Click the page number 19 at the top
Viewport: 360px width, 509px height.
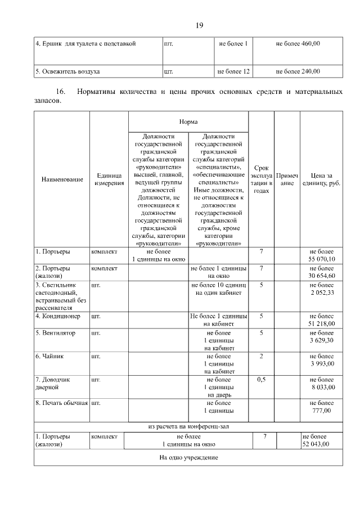click(199, 26)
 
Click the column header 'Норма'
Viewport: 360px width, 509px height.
click(188, 121)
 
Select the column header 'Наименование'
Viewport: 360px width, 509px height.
click(62, 179)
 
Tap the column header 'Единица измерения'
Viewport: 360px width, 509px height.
click(109, 179)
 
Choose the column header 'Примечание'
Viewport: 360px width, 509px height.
click(287, 179)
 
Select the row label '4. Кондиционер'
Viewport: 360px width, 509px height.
click(58, 317)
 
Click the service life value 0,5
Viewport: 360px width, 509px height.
click(261, 380)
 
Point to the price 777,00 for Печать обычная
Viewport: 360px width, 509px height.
click(321, 411)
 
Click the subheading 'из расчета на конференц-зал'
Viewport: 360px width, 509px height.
click(188, 426)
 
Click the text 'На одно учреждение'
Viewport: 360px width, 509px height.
click(188, 457)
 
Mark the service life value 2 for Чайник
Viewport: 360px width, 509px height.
click(261, 357)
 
